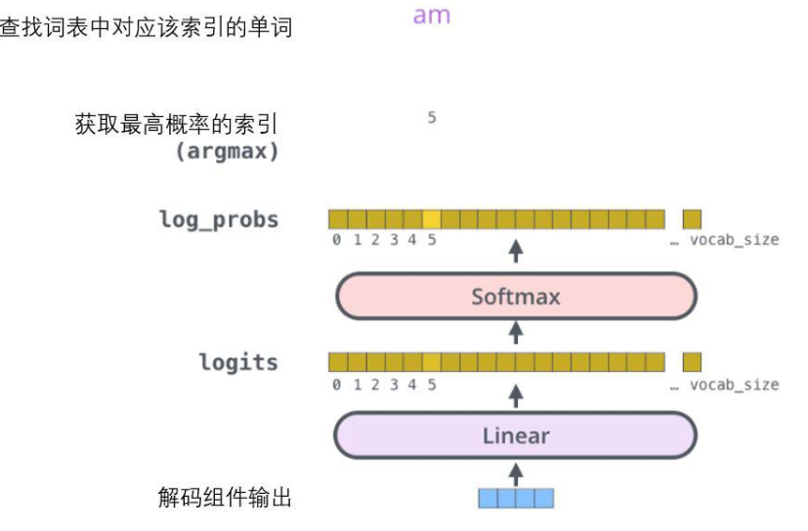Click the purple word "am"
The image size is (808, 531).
[432, 17]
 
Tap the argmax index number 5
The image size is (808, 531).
[431, 118]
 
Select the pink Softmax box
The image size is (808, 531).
[516, 297]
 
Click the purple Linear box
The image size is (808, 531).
[516, 435]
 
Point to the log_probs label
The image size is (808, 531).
[219, 219]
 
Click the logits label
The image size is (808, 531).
[238, 363]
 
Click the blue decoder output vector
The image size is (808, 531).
[516, 498]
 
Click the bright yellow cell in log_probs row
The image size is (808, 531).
[431, 219]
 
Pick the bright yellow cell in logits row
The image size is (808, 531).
[431, 362]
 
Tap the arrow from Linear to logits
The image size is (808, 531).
[516, 395]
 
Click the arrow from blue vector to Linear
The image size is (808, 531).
[516, 472]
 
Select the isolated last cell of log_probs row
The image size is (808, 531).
[692, 219]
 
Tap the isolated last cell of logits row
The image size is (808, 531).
[692, 362]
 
